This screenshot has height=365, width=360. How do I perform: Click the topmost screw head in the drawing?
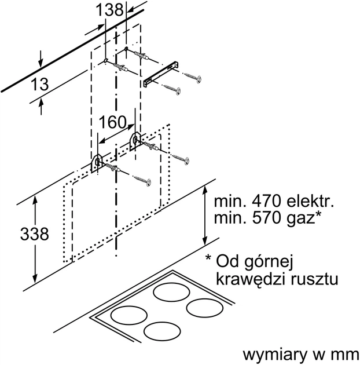pyautogui.click(x=200, y=79)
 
